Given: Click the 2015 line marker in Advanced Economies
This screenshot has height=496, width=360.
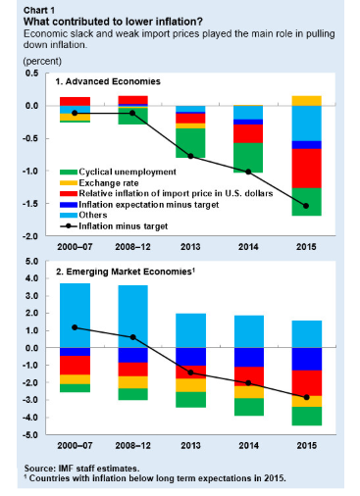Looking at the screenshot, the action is coord(306,206).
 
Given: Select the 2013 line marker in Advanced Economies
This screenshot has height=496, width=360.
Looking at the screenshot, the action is coord(190,156).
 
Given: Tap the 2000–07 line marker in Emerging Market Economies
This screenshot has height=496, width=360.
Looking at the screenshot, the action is coord(75,327).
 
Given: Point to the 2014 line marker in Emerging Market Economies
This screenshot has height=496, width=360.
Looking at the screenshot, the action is coord(248,382).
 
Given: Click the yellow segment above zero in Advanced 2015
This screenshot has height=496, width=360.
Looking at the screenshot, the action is coord(306,101).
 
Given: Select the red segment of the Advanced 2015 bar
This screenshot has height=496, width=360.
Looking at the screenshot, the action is coord(306,169).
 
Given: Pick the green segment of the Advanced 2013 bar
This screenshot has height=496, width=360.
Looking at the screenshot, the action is coord(190,143).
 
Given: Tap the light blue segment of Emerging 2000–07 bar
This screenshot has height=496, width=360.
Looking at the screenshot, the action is coord(75,316).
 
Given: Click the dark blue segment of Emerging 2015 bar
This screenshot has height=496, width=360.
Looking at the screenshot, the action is coord(307,359).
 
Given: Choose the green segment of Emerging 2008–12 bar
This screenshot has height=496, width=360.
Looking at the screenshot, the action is coord(132,394).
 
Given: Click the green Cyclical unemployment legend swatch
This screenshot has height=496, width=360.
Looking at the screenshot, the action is coord(69,173).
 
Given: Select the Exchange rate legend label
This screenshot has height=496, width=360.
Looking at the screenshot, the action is coord(109,182).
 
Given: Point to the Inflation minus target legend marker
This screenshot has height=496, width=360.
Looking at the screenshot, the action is coord(69,225).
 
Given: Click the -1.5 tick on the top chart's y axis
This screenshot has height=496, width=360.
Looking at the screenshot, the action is coord(30,204).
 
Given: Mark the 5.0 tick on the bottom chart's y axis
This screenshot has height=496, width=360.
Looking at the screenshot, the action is coord(32,262).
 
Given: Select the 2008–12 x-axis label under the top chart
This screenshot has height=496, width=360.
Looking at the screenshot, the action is coord(132,247).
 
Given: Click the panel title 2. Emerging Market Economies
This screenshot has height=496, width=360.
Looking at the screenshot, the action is coord(126,272).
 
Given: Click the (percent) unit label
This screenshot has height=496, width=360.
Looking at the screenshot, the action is coord(42,61).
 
